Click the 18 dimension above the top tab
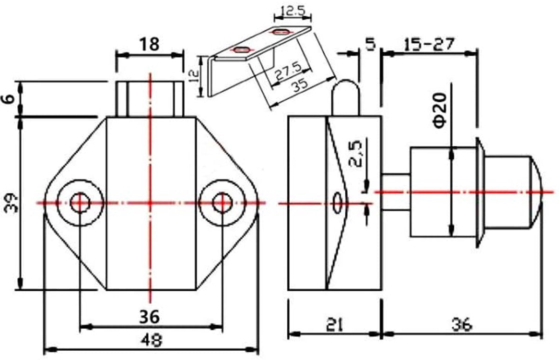click(149, 44)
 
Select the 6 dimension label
click(9, 99)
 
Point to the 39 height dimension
click(12, 204)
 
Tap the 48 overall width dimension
click(151, 340)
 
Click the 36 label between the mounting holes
click(149, 317)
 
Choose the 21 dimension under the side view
click(334, 325)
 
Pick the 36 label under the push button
click(462, 325)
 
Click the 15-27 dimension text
click(428, 45)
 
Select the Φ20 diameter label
click(440, 110)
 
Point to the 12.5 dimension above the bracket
click(293, 11)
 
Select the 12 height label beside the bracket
click(194, 76)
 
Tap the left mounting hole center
click(80, 203)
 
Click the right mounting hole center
click(222, 203)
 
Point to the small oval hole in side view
click(337, 202)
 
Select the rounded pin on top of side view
click(345, 97)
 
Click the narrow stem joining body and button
click(396, 192)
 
